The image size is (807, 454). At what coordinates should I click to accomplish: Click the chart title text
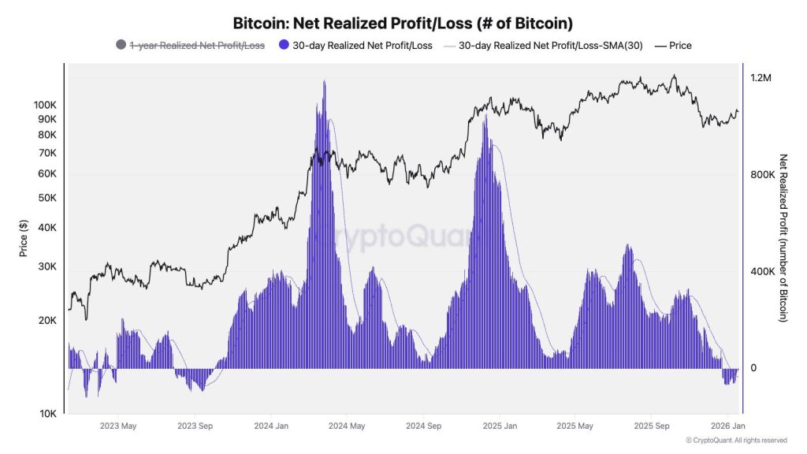click(403, 23)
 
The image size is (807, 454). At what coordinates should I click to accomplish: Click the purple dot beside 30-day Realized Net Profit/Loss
click(284, 46)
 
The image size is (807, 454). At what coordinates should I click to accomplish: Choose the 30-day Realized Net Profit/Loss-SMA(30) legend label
click(550, 46)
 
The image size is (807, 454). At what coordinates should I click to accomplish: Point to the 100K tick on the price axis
click(45, 105)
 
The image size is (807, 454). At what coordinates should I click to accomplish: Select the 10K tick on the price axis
click(47, 414)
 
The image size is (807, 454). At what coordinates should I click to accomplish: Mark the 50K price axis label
click(47, 198)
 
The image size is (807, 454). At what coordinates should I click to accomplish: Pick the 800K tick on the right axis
click(763, 175)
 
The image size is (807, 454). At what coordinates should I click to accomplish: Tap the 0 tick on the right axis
click(753, 368)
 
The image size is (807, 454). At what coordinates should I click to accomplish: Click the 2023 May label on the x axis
click(118, 426)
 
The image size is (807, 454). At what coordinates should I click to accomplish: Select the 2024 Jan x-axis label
click(271, 426)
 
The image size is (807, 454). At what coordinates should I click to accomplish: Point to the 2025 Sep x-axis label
click(652, 426)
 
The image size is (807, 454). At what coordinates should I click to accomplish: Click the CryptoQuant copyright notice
click(736, 441)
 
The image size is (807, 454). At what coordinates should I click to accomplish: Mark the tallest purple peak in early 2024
click(324, 83)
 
